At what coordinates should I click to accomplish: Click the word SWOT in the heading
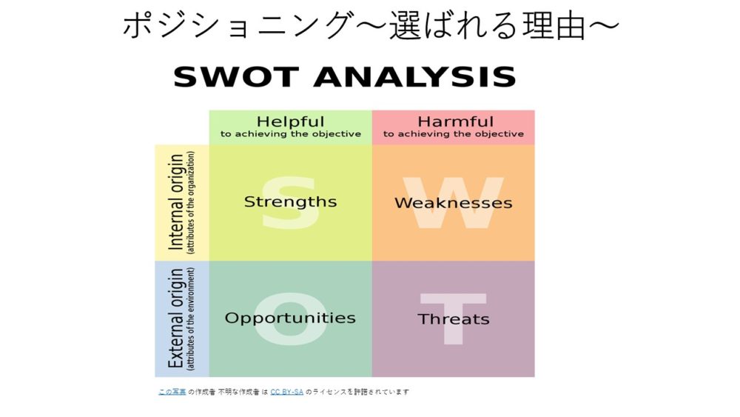coord(235,76)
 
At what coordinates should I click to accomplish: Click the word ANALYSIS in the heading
coord(415,76)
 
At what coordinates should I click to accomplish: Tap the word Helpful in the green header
coord(290,121)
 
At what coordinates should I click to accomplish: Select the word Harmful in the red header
coord(455,121)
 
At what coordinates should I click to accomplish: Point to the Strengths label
coord(290,202)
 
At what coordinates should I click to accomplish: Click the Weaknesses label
coord(454,203)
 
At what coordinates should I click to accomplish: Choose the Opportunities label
coord(290,318)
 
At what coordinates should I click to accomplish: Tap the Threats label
coord(454,319)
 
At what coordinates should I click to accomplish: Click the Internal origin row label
coord(175,202)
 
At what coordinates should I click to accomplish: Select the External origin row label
coord(175,318)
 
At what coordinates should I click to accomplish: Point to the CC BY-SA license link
coord(287,392)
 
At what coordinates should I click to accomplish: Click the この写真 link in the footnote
coord(172,392)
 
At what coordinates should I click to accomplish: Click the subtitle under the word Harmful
coord(454,134)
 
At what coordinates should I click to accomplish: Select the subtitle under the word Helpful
coord(291,134)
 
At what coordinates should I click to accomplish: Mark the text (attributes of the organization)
coord(191,203)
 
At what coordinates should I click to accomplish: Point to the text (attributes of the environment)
coord(191,318)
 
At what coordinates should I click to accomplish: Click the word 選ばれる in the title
coord(454,25)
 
